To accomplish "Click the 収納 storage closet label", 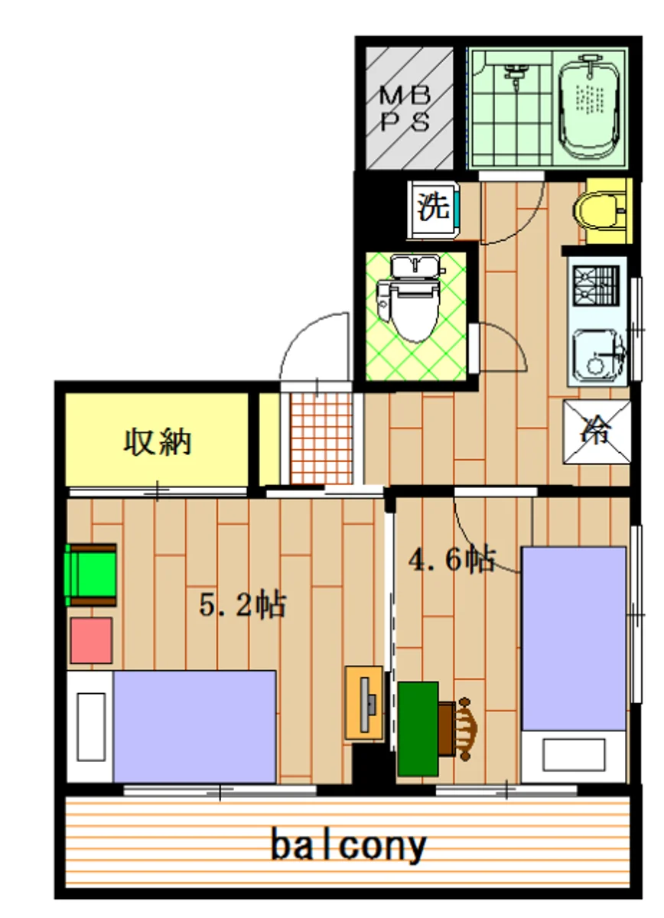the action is pos(158,442).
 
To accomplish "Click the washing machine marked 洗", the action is pos(434,210).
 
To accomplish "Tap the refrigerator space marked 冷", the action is pos(597,432).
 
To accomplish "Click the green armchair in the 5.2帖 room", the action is pos(90,575).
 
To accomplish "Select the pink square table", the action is pos(91,641).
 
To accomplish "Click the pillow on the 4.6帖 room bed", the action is pos(574,750).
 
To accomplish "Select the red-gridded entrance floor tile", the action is pos(321,438).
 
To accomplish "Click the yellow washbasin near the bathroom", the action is pos(603,211).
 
